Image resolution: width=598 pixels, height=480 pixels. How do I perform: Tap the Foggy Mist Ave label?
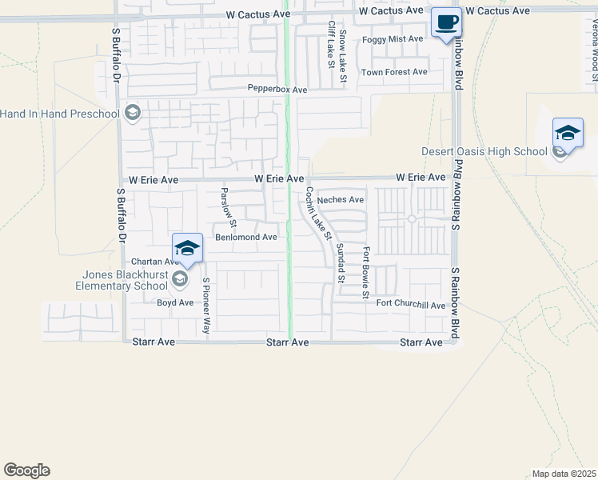(393, 39)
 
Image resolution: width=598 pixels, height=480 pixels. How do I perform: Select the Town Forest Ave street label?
(394, 72)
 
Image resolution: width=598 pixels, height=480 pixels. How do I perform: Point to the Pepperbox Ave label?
(277, 90)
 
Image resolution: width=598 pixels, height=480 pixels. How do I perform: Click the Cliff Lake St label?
(330, 44)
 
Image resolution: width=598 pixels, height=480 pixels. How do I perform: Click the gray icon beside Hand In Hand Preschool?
(133, 113)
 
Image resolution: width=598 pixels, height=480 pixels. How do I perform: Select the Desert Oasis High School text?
(484, 152)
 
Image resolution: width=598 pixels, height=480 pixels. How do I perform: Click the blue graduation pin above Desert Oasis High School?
(568, 133)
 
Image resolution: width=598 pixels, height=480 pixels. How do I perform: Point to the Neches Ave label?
(340, 200)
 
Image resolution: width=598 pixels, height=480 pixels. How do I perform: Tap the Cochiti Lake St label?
(318, 214)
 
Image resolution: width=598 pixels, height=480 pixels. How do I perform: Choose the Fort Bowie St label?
(366, 272)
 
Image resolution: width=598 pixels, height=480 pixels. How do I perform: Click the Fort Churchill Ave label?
(411, 305)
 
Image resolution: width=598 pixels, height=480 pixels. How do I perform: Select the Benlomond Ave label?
(246, 238)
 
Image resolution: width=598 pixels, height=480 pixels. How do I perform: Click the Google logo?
(26, 470)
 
